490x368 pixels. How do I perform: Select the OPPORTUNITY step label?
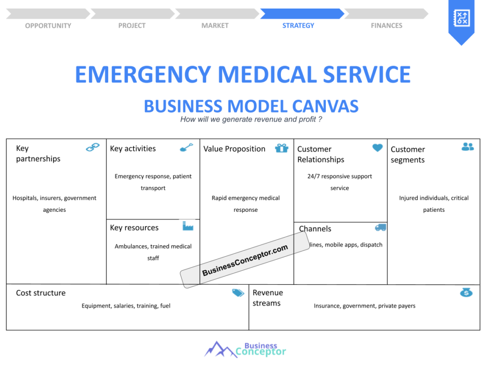coord(48,25)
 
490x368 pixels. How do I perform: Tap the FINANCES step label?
coord(387,25)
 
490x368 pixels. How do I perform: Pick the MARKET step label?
coord(215,25)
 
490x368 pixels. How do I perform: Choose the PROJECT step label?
coord(132,25)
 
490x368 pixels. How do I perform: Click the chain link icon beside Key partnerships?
coord(93,148)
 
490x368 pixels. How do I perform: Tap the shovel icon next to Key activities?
coord(186,148)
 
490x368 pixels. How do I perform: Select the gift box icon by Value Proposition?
coord(282,148)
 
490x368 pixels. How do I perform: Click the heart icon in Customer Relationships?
coord(378,148)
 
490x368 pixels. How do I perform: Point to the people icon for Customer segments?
coord(468,147)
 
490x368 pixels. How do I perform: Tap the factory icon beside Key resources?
coord(188,226)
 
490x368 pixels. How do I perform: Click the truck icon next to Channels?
coord(380,228)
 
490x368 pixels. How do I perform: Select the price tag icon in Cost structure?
coord(238,293)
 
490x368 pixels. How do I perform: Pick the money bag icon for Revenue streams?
coord(466,292)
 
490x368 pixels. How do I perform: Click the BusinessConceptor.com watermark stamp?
coord(245,260)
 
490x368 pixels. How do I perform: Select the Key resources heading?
coord(134,228)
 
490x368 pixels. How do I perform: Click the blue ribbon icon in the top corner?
coord(461,20)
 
